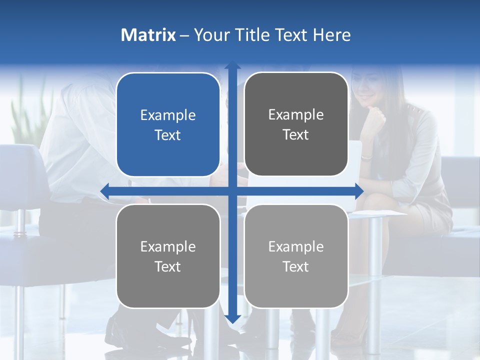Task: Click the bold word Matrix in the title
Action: coord(148,35)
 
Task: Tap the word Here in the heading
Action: coord(332,35)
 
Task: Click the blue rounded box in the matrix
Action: coord(168,124)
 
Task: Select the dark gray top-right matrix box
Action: coord(296,124)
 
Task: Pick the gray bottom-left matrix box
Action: coord(168,256)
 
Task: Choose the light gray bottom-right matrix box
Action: coord(296,256)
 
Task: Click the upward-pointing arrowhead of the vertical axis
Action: coord(232,65)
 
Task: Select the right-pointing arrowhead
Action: coord(358,190)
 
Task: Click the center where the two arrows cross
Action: coord(232,190)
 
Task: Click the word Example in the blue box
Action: coord(168,115)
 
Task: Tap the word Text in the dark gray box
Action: coord(296,134)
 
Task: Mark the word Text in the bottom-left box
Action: coord(168,266)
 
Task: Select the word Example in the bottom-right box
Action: coord(296,246)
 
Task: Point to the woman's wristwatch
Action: coord(366,157)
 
